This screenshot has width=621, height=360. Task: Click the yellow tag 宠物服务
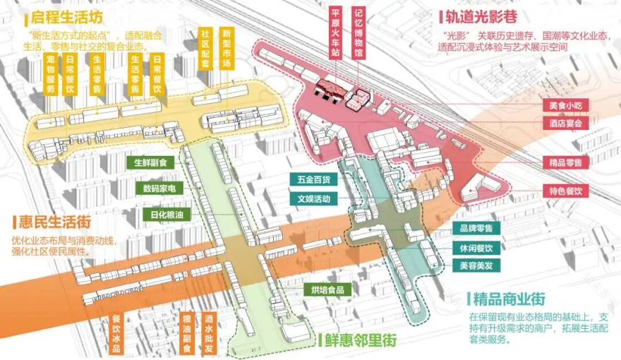[50, 75]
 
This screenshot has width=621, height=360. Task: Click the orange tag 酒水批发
[209, 332]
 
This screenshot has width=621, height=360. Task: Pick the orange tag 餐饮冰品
[117, 332]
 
